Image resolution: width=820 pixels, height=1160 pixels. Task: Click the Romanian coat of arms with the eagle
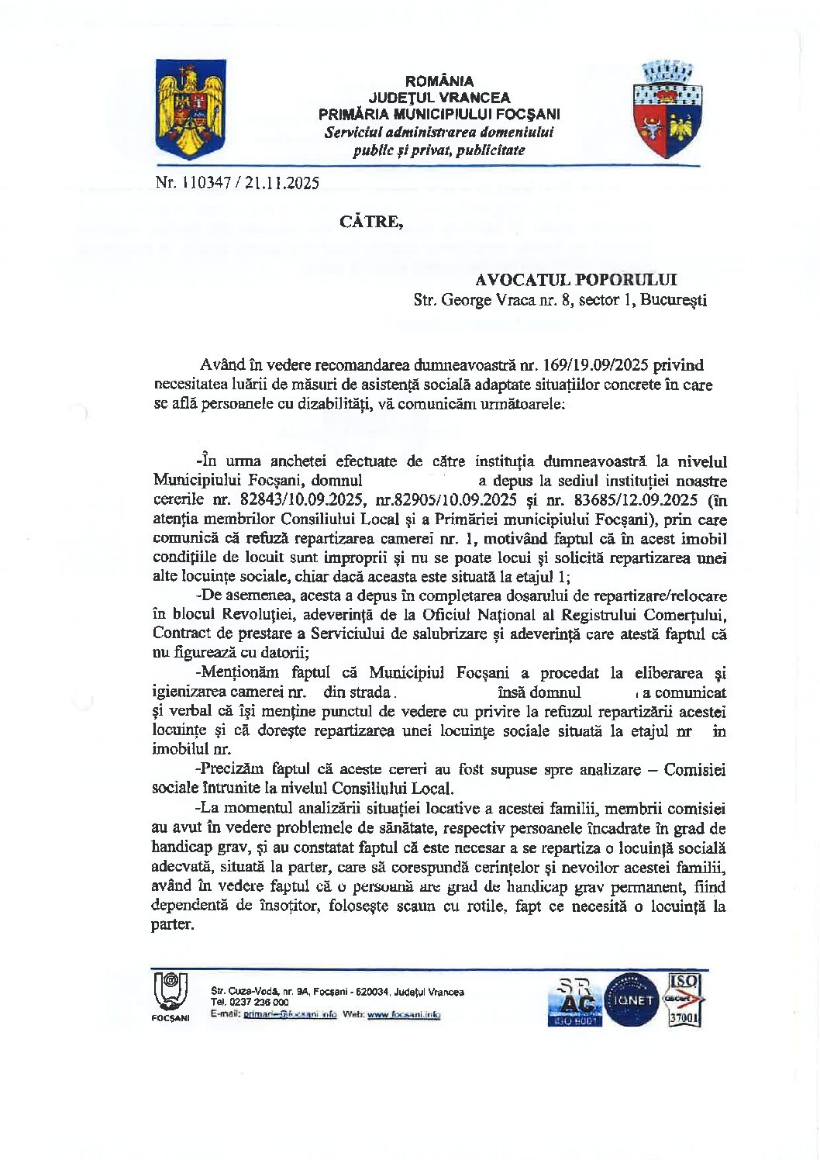(x=190, y=109)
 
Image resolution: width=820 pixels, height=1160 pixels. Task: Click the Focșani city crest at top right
(x=667, y=111)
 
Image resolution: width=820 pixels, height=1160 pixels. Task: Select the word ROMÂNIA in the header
(x=439, y=81)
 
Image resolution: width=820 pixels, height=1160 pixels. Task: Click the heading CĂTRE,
(x=371, y=222)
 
